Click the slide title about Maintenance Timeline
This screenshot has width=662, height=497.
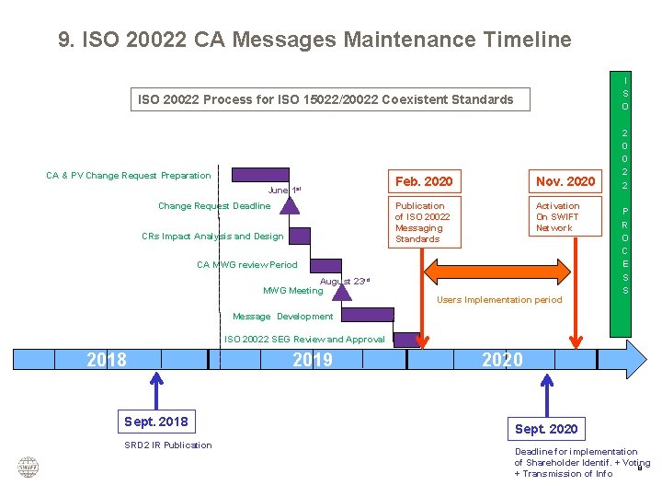pyautogui.click(x=314, y=40)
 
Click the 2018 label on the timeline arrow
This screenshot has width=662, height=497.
pyautogui.click(x=107, y=360)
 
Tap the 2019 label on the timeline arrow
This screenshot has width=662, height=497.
pyautogui.click(x=313, y=360)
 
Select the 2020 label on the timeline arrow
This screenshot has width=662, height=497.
pyautogui.click(x=502, y=360)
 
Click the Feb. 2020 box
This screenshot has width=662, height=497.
pyautogui.click(x=423, y=181)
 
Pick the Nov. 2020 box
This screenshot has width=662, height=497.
pyautogui.click(x=565, y=181)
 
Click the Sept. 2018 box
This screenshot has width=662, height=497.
pyautogui.click(x=156, y=422)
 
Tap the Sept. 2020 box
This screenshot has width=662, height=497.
pyautogui.click(x=546, y=429)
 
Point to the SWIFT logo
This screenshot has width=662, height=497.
pyautogui.click(x=29, y=467)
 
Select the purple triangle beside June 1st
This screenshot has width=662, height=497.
pyautogui.click(x=290, y=202)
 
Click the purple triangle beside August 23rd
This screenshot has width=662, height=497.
pyautogui.click(x=341, y=290)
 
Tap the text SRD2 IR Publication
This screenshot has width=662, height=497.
pyautogui.click(x=168, y=445)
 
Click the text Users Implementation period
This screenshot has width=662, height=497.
pyautogui.click(x=499, y=300)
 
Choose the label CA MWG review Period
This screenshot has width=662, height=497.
pyautogui.click(x=247, y=265)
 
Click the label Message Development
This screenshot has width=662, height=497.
pyautogui.click(x=282, y=317)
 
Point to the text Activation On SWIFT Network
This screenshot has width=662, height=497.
pyautogui.click(x=557, y=217)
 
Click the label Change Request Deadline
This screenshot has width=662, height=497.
pyautogui.click(x=214, y=206)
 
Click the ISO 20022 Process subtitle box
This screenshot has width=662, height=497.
pyautogui.click(x=325, y=99)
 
